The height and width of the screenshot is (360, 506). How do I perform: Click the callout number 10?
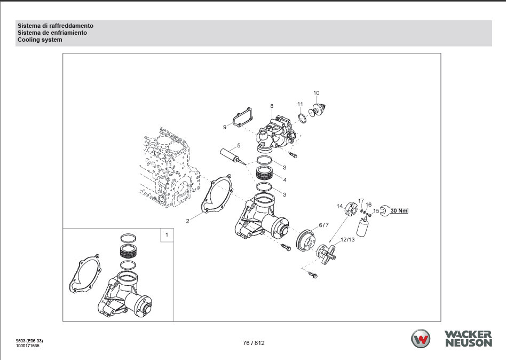pyautogui.click(x=316, y=93)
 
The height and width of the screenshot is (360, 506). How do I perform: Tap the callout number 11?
pyautogui.click(x=300, y=104)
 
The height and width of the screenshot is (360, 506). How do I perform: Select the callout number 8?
pyautogui.click(x=272, y=106)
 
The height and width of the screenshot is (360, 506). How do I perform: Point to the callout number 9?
pyautogui.click(x=225, y=127)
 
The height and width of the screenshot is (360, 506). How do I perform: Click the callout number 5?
pyautogui.click(x=239, y=146)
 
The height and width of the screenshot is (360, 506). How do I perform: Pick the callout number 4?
pyautogui.click(x=284, y=180)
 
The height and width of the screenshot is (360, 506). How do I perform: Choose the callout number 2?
pyautogui.click(x=187, y=221)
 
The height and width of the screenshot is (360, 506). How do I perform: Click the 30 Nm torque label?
pyautogui.click(x=399, y=211)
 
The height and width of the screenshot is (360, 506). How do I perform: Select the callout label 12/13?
pyautogui.click(x=347, y=240)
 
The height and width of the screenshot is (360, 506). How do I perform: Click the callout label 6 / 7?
pyautogui.click(x=323, y=225)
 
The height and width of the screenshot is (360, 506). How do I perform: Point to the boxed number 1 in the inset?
pyautogui.click(x=167, y=234)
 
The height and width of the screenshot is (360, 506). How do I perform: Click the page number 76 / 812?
pyautogui.click(x=254, y=343)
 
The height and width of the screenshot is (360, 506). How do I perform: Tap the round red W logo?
pyautogui.click(x=421, y=339)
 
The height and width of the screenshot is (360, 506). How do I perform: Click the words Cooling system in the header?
pyautogui.click(x=39, y=40)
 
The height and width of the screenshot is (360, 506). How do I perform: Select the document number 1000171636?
pyautogui.click(x=27, y=346)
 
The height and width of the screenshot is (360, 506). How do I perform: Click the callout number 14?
pyautogui.click(x=340, y=206)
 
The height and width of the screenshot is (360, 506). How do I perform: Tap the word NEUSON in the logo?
pyautogui.click(x=469, y=342)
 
